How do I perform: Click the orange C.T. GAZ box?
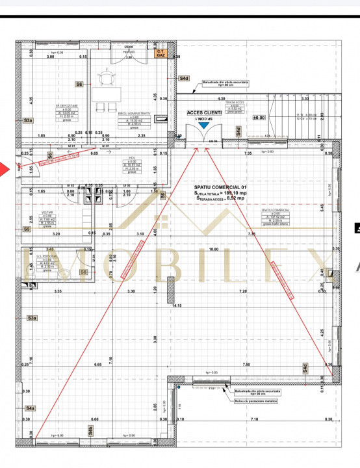pos(161,53)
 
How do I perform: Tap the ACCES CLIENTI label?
pos(204,112)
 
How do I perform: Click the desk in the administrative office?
pos(105,95)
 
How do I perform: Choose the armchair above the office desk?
pos(105,77)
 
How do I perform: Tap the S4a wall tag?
pos(30,408)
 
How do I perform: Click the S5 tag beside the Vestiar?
pos(27,229)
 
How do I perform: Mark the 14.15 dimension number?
pos(177,304)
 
